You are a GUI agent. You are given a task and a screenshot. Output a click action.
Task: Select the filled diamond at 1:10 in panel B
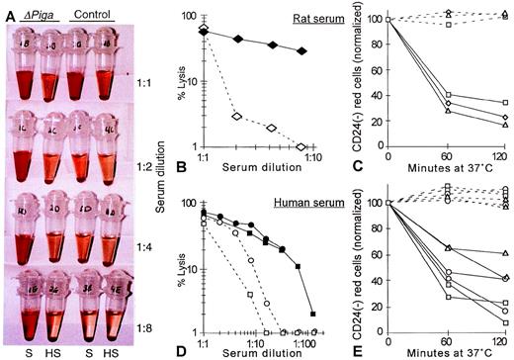301,50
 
